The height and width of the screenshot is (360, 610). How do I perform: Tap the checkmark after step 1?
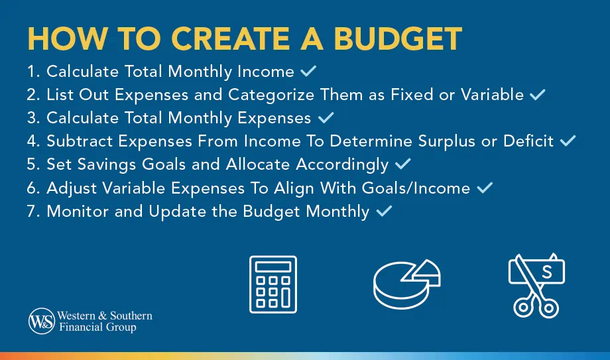[308, 71]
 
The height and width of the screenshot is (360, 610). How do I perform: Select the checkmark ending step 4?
[568, 141]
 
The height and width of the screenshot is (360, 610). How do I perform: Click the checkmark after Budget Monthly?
[384, 211]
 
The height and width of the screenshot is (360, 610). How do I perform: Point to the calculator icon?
[273, 284]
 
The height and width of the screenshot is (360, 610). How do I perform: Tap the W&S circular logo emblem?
[41, 322]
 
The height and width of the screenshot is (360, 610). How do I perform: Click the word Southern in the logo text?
[130, 316]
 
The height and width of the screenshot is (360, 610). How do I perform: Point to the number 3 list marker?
[32, 118]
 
